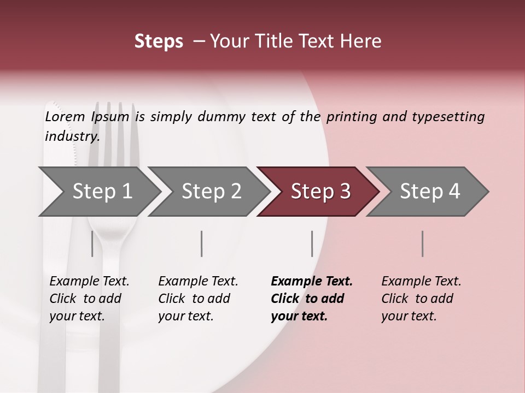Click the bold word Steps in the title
(159, 41)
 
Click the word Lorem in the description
(65, 116)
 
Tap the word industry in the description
(72, 136)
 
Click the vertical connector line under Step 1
(92, 243)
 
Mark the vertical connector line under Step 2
(202, 243)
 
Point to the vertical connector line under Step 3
(312, 243)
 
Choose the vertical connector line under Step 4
(422, 243)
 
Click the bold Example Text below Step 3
(312, 281)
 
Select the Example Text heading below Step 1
(89, 281)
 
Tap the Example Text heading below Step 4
(421, 281)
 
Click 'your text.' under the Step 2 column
(186, 316)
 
